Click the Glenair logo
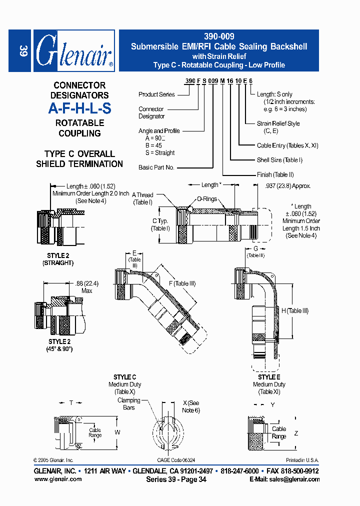point(74,51)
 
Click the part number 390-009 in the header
point(219,36)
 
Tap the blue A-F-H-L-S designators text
point(79,108)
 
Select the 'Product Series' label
point(156,94)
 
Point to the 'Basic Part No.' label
point(156,167)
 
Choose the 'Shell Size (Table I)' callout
point(279,160)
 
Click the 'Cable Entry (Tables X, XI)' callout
point(287,145)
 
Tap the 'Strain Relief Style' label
point(278,123)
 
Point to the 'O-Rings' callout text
point(206,198)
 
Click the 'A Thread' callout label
point(143,195)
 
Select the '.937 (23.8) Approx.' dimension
point(287,185)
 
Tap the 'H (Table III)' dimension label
point(298,310)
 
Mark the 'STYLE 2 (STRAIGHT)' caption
point(58,259)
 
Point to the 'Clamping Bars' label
point(129,404)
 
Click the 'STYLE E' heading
point(269,377)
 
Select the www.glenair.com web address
point(58,479)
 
